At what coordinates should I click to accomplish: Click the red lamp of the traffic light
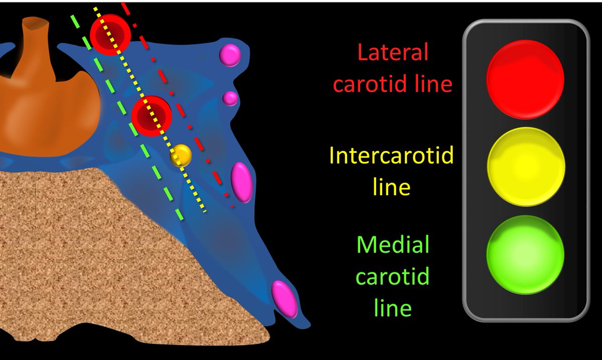point(525,79)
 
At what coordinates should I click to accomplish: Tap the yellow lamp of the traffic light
point(526,166)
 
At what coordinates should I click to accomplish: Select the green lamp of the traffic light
point(525,254)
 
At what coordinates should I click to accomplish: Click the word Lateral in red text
point(393,52)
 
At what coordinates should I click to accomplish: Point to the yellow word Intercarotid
point(391,156)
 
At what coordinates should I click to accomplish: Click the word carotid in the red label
point(376,84)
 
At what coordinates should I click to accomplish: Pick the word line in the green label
point(393,307)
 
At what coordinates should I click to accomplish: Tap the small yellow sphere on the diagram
point(181,155)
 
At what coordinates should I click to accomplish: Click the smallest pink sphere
point(230,98)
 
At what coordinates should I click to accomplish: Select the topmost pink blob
point(231,55)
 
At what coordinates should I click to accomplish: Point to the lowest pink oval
point(284,299)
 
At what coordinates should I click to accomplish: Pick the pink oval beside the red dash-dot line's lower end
point(241,182)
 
